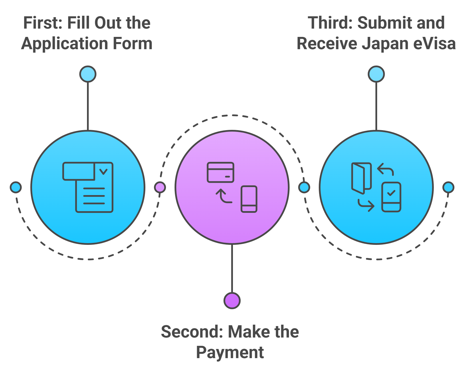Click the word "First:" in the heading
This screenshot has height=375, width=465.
pyautogui.click(x=42, y=23)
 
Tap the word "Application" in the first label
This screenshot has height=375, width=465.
pyautogui.click(x=64, y=44)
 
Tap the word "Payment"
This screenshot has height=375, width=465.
pyautogui.click(x=230, y=352)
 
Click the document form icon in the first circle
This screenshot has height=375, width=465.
pyautogui.click(x=88, y=187)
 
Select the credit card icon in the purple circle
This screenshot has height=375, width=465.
pyautogui.click(x=220, y=172)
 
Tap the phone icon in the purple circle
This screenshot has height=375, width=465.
pyautogui.click(x=249, y=199)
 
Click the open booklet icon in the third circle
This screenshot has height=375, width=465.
pyautogui.click(x=361, y=178)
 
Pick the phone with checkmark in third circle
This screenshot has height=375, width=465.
pyautogui.click(x=391, y=197)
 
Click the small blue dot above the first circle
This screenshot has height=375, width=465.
pyautogui.click(x=88, y=74)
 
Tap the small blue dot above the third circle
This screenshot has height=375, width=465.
pyautogui.click(x=376, y=74)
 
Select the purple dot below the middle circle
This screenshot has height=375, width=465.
pyautogui.click(x=232, y=301)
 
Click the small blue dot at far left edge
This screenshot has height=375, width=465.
pyautogui.click(x=16, y=187)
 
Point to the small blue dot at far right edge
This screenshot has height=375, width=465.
pyautogui.click(x=448, y=187)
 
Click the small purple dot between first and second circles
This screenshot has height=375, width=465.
pyautogui.click(x=160, y=187)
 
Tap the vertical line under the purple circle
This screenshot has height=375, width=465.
pyautogui.click(x=232, y=269)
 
